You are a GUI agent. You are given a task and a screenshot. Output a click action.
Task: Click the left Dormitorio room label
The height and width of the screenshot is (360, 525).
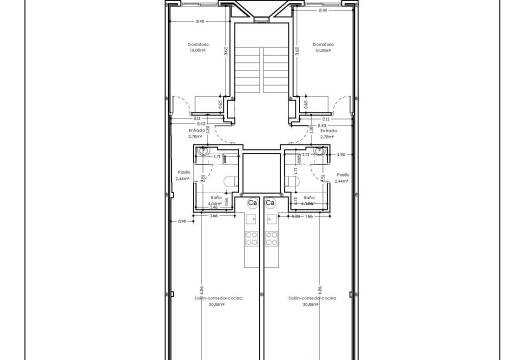(x=198, y=44)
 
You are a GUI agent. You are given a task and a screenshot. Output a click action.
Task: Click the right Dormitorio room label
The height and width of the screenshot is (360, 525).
(x=321, y=44)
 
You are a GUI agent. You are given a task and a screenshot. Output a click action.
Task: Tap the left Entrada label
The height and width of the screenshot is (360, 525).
(x=198, y=130)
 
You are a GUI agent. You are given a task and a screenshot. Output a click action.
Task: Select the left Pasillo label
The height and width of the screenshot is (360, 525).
(x=184, y=172)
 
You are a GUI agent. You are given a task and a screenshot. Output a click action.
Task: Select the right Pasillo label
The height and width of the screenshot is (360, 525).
(x=340, y=172)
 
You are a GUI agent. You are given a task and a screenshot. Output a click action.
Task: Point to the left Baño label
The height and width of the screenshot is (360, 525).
(x=216, y=200)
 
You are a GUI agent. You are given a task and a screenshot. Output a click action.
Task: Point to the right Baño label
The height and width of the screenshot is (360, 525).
(x=308, y=200)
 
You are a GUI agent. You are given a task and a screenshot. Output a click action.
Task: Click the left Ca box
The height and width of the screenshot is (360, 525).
(x=253, y=204)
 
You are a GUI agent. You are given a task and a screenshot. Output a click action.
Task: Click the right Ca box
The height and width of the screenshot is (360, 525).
(x=271, y=204)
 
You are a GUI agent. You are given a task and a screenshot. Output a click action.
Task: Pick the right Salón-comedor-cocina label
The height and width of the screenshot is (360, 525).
(x=311, y=298)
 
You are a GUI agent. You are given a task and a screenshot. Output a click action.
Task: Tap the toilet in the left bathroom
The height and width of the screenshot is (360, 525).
(x=229, y=179)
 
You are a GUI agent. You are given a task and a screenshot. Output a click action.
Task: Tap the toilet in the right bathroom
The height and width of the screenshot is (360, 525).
(x=295, y=179)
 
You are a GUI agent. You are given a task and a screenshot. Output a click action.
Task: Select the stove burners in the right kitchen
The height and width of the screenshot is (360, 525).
(x=272, y=240)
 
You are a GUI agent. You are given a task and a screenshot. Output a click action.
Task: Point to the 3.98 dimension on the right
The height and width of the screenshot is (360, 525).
(x=340, y=155)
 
